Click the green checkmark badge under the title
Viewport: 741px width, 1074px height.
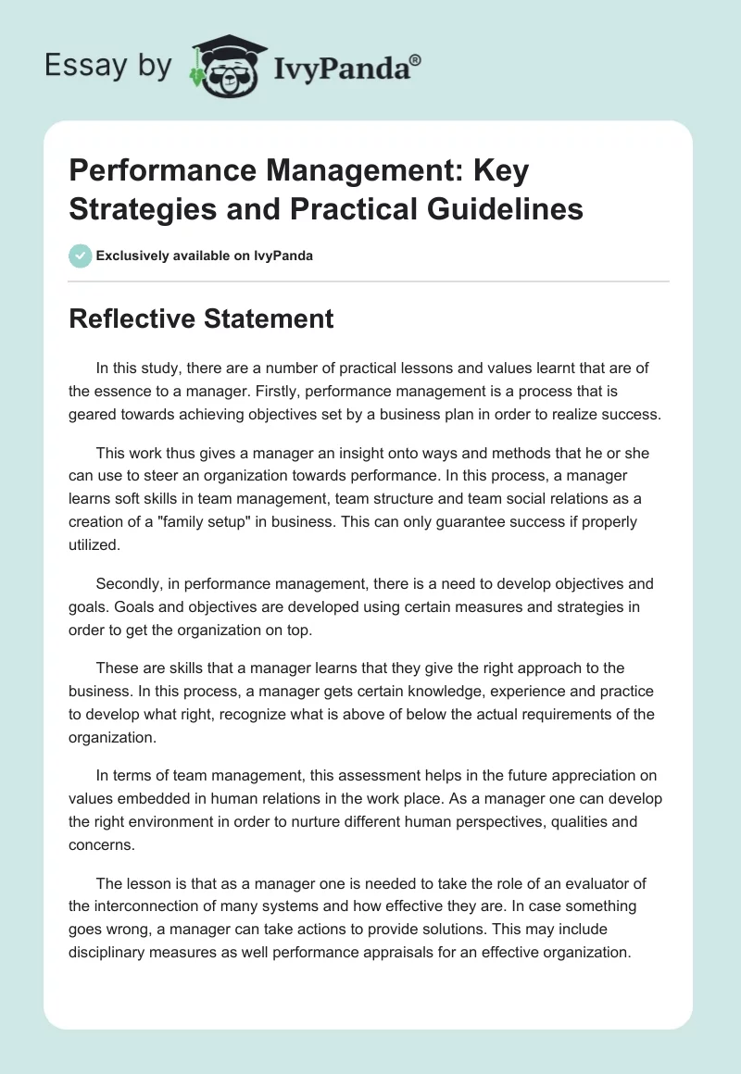(80, 255)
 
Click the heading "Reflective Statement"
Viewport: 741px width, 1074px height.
(201, 318)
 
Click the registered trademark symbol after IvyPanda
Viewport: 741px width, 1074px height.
(416, 59)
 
